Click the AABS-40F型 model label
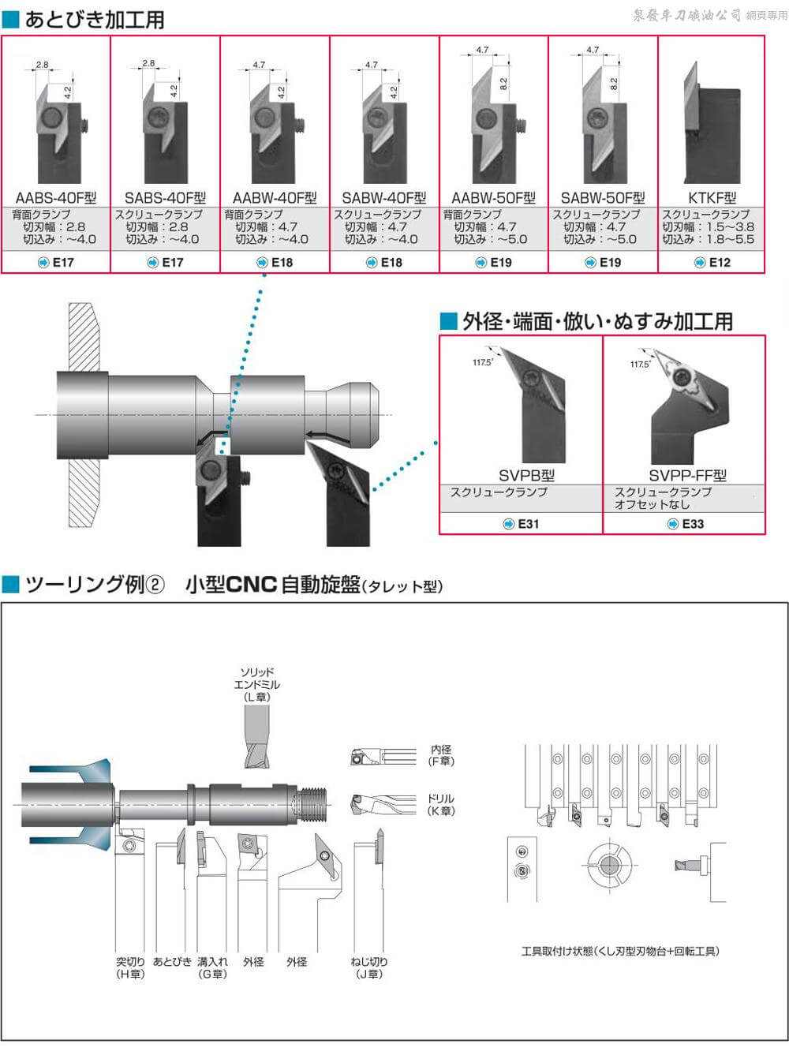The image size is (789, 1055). (x=55, y=198)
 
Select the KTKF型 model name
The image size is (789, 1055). (x=712, y=198)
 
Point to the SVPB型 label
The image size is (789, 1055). (x=526, y=475)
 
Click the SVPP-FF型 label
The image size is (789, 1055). (x=687, y=475)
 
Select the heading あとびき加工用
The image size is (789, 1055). (x=93, y=19)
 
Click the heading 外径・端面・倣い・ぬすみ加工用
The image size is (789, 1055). (x=596, y=321)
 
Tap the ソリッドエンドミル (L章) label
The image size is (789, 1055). (x=256, y=684)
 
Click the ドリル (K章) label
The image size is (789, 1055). (x=441, y=804)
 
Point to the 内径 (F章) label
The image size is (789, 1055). (x=441, y=755)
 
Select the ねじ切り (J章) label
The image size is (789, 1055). (x=368, y=967)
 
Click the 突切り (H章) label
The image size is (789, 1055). (x=130, y=967)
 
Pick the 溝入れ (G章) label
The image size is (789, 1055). (x=212, y=967)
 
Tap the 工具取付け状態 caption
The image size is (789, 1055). (x=620, y=951)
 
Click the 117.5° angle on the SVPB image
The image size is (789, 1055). (x=483, y=362)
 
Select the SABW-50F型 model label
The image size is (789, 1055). (x=602, y=198)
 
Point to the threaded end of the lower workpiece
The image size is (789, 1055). (x=308, y=803)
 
